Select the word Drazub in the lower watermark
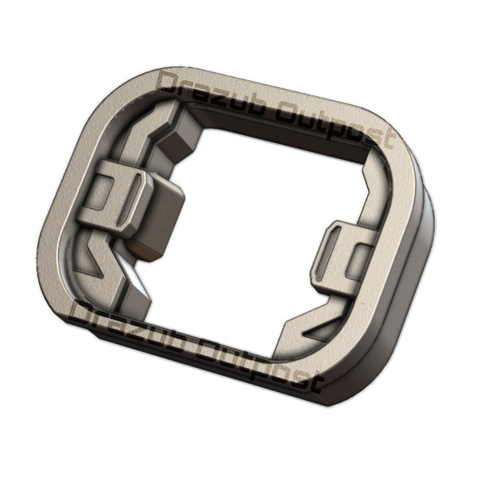(127, 322)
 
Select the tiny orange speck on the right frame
(365, 306)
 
